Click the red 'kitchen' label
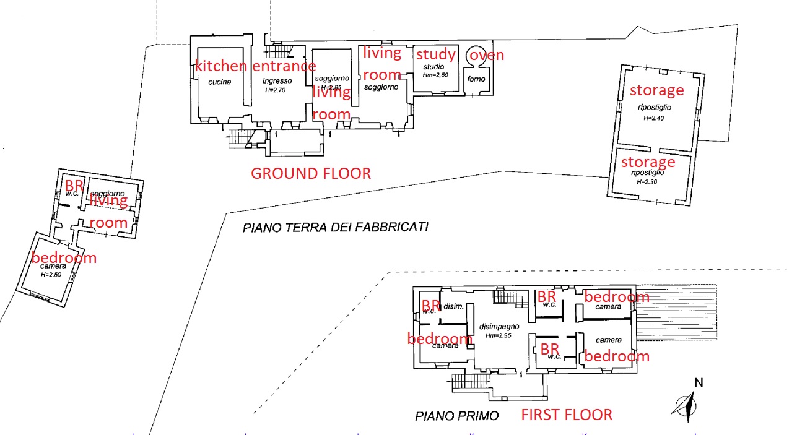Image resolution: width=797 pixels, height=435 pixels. point(221,66)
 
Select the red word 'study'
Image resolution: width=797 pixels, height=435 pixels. point(435,54)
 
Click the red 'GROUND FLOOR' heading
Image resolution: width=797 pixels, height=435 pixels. point(310,173)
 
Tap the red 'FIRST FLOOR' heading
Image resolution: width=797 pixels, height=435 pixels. point(566,415)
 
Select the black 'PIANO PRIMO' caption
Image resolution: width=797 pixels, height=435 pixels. point(456,416)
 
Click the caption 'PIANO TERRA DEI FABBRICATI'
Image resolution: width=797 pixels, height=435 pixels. point(335,227)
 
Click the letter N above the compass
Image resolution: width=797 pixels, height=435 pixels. point(698,383)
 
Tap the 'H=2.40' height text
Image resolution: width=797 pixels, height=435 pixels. point(653,118)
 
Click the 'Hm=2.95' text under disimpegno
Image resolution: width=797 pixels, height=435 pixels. point(498,336)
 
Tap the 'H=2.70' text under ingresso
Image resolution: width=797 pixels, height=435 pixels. point(277,90)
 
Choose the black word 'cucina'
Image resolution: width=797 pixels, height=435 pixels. point(220,82)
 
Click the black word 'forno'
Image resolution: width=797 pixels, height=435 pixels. point(476,79)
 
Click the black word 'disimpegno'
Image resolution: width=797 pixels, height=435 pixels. point(499,327)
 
